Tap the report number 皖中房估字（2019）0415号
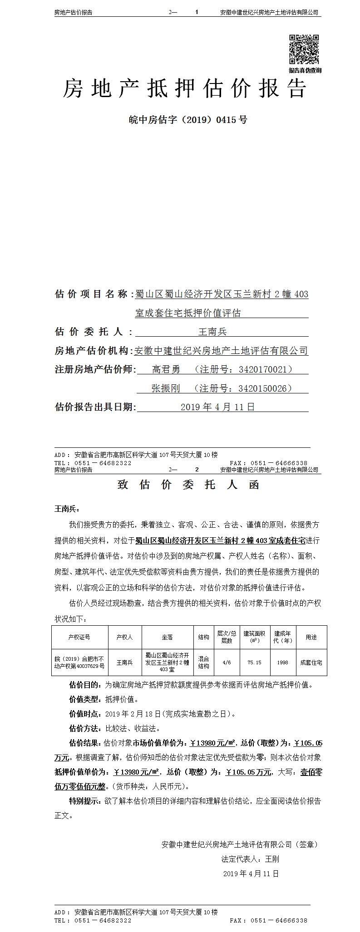(x=188, y=120)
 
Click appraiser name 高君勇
(x=166, y=369)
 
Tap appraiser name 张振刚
(x=166, y=388)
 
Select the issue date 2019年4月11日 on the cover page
(x=217, y=407)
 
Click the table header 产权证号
(x=79, y=637)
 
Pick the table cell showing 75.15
(x=254, y=662)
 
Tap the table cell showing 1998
(x=282, y=662)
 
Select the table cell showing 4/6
(x=227, y=662)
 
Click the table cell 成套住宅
(x=311, y=662)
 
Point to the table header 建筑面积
(x=254, y=637)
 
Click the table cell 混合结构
(x=204, y=662)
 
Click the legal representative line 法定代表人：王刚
(x=250, y=859)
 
